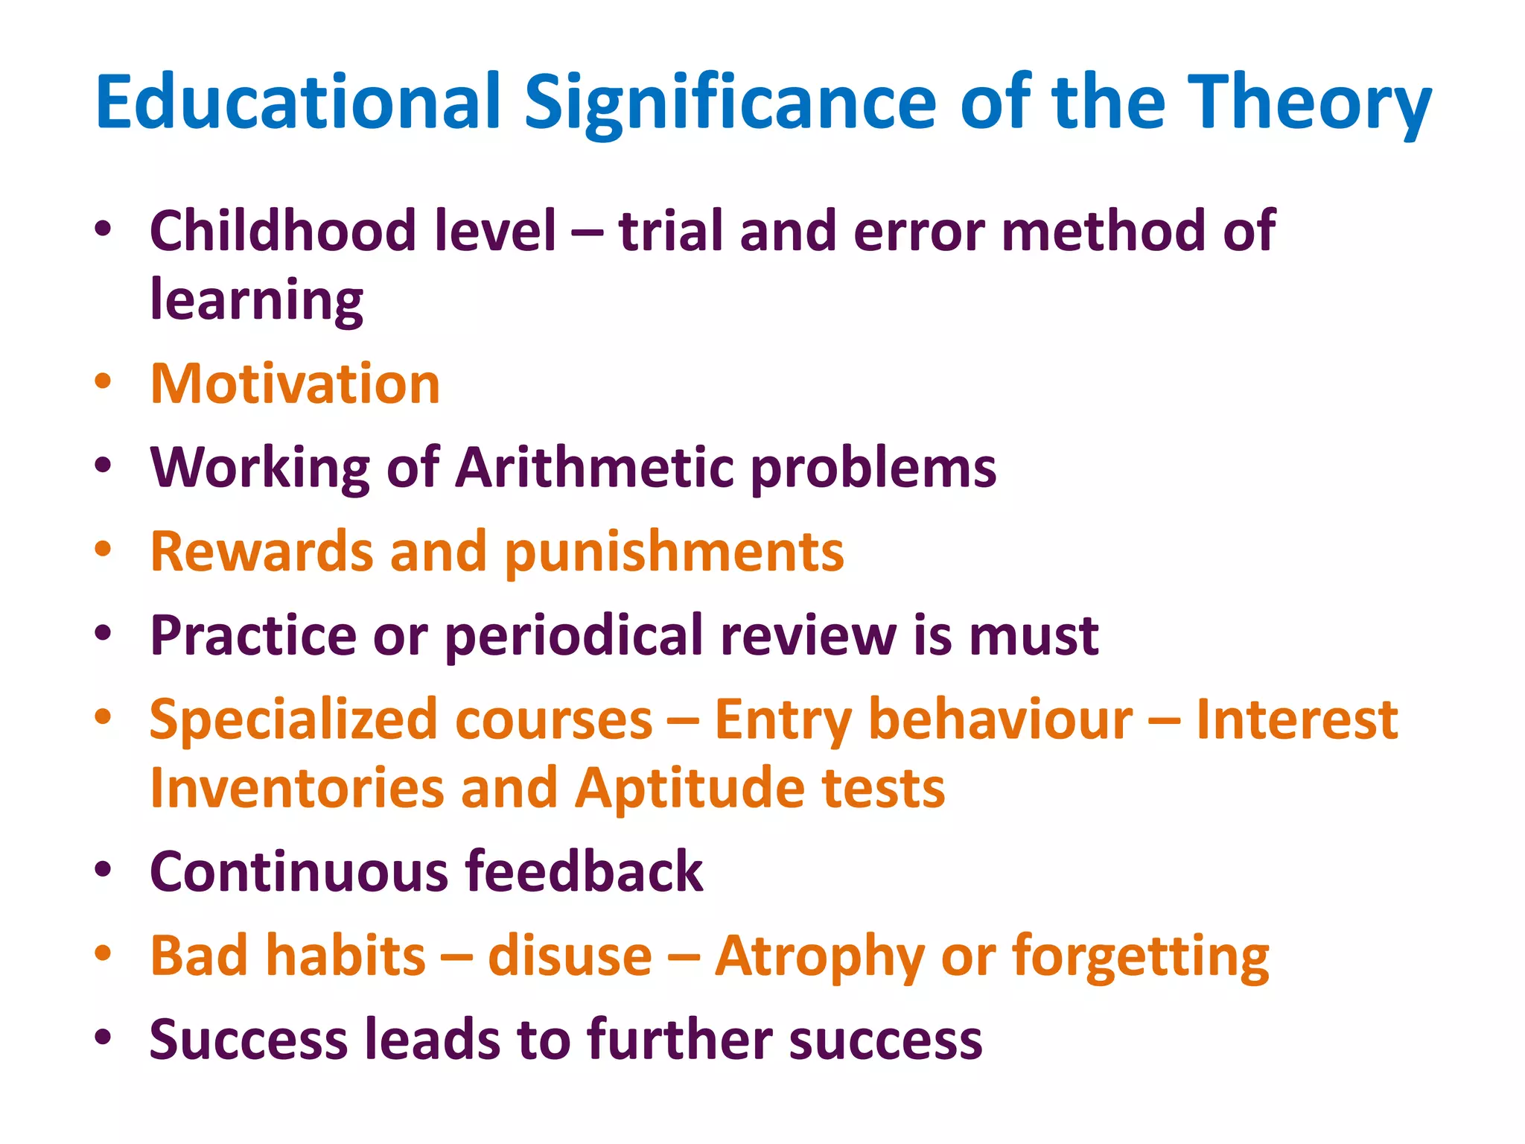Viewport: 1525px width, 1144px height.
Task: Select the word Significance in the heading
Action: point(730,103)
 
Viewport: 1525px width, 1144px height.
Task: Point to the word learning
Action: point(257,300)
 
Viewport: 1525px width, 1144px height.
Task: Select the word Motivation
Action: point(296,384)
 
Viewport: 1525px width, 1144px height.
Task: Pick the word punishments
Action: point(675,553)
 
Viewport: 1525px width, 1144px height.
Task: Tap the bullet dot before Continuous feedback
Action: point(104,870)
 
